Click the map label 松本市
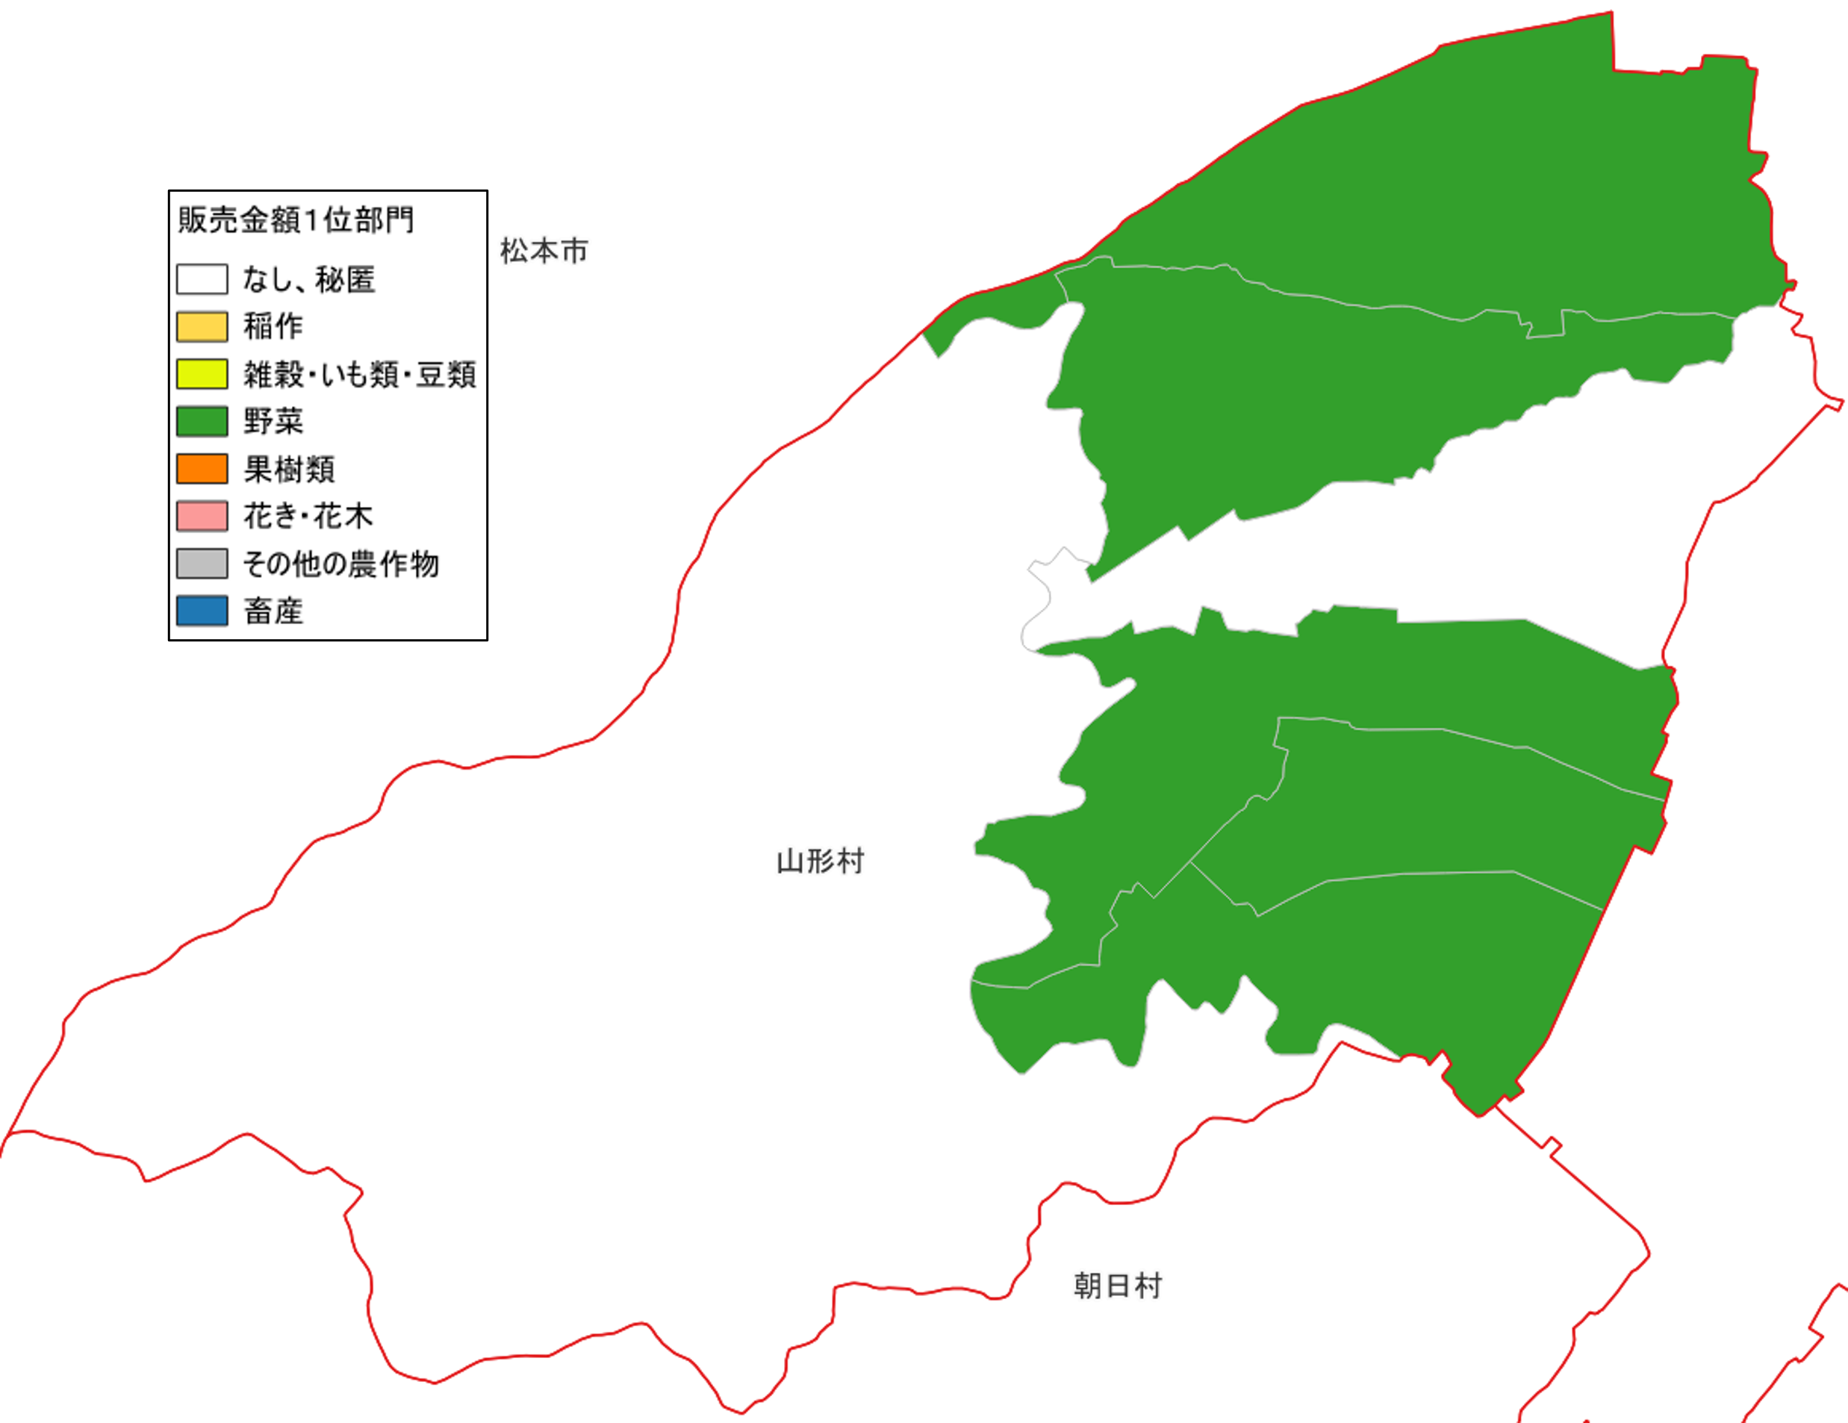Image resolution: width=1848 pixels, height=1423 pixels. tap(544, 252)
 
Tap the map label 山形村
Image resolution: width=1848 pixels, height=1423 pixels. tap(820, 862)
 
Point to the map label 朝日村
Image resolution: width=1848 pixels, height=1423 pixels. tap(1118, 1286)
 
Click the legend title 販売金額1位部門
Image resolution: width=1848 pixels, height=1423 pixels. tap(296, 220)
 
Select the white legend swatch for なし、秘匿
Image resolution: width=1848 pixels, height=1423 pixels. tap(202, 279)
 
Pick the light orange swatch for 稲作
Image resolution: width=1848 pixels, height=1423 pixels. tap(202, 326)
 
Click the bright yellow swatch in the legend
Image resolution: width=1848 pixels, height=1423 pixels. tap(202, 374)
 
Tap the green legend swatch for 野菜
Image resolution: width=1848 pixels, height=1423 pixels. tap(202, 421)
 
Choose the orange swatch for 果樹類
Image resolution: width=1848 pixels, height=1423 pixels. tap(202, 469)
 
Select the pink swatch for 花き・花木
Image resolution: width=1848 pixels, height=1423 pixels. tap(202, 516)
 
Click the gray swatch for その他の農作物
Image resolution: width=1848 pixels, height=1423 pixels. tap(202, 564)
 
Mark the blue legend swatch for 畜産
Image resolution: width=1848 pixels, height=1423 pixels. tap(202, 611)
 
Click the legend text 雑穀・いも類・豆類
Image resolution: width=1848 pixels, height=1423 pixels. tap(360, 374)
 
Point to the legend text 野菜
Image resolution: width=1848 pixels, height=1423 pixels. tap(273, 421)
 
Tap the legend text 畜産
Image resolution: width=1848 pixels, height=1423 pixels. tap(273, 611)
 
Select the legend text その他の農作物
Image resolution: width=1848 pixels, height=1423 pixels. tap(341, 564)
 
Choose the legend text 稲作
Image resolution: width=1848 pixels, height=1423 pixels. tap(273, 326)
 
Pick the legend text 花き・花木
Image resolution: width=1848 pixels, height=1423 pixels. tap(308, 516)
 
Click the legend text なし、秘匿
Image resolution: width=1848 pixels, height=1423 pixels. tap(309, 279)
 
